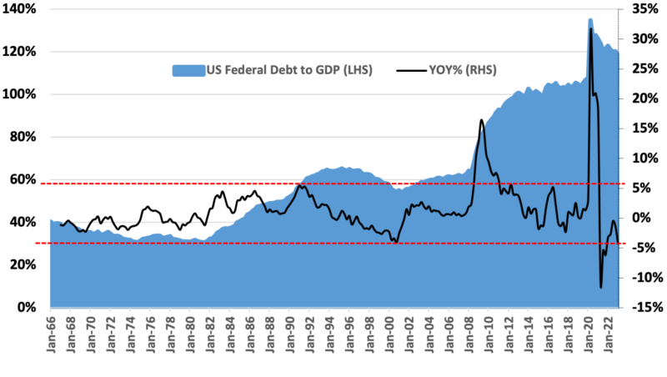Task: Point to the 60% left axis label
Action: [x=21, y=179]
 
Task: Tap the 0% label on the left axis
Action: [x=24, y=307]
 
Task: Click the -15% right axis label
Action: [x=645, y=307]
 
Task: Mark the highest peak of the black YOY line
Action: [x=591, y=28]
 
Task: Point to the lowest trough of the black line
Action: [x=600, y=288]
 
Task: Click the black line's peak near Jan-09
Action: [x=482, y=120]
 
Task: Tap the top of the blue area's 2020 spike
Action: [x=590, y=19]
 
